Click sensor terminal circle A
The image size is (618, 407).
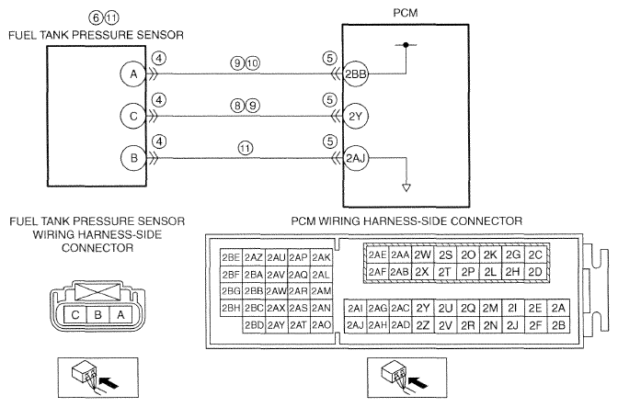[133, 74]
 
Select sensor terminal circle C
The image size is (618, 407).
[133, 116]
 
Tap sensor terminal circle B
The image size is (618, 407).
[133, 158]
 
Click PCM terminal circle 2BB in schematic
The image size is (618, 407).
[356, 74]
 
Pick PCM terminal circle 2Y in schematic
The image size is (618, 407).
[356, 116]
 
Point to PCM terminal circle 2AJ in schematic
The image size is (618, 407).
[356, 158]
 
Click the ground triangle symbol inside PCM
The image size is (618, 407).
[406, 187]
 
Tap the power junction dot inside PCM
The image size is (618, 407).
[406, 45]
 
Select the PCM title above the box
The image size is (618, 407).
[406, 13]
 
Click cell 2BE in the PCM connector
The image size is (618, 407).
[231, 257]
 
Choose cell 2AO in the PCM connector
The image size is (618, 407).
[322, 325]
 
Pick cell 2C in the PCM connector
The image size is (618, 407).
[535, 255]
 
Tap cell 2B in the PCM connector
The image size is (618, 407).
[558, 325]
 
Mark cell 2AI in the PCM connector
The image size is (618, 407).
[356, 308]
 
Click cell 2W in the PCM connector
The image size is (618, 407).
[422, 255]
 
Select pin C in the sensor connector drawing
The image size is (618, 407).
[75, 314]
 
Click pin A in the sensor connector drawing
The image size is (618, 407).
[120, 314]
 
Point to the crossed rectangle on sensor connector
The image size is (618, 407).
[97, 291]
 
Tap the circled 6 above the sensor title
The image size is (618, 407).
[97, 18]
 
